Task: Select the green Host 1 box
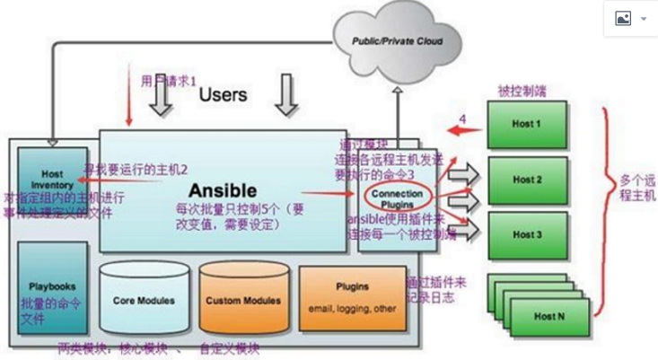pyautogui.click(x=526, y=124)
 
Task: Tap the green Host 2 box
pyautogui.click(x=526, y=180)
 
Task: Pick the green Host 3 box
pyautogui.click(x=526, y=234)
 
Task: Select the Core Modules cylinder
pyautogui.click(x=144, y=300)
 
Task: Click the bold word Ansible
pyautogui.click(x=222, y=190)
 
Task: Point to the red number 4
pyautogui.click(x=463, y=119)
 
